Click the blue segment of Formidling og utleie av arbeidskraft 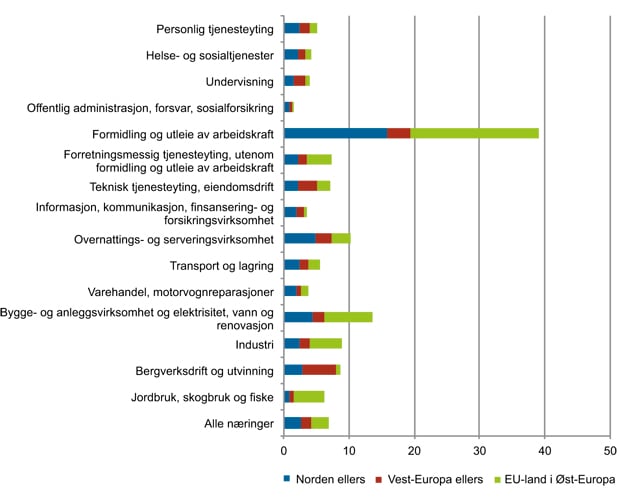click(x=335, y=133)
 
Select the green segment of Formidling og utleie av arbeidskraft click(x=474, y=133)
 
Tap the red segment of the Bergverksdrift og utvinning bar click(x=319, y=370)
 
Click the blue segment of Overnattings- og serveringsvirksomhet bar click(x=299, y=238)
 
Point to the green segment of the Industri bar click(x=325, y=344)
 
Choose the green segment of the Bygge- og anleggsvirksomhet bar click(x=348, y=317)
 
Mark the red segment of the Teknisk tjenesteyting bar click(x=308, y=186)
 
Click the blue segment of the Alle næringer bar click(x=292, y=422)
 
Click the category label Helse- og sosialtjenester click(x=217, y=54)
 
